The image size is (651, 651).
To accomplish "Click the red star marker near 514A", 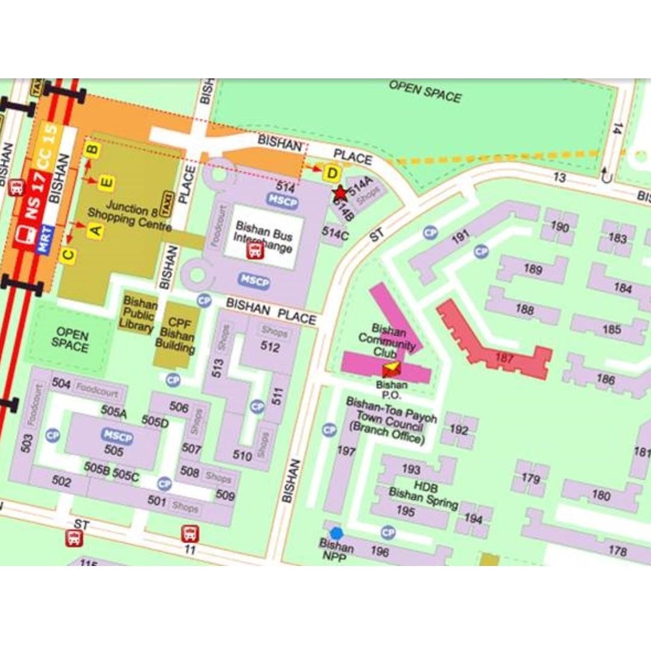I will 340,193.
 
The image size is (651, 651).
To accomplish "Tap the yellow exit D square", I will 331,174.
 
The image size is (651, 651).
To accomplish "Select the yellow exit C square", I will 69,256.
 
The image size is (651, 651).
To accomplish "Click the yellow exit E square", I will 107,182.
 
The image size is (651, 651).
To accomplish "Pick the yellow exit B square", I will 92,149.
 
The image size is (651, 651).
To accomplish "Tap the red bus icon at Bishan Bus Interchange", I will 256,250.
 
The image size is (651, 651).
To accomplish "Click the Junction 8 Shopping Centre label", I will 129,218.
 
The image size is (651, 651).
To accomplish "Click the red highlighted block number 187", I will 504,358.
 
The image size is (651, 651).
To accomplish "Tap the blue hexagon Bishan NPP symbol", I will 336,533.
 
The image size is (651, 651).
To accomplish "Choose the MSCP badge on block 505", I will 117,436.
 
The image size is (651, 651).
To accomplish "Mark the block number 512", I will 270,347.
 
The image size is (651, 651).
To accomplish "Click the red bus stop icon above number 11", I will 190,533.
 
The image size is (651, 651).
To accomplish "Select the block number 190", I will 559,227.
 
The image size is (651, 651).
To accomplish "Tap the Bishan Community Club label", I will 395,340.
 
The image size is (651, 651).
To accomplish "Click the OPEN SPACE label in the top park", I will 424,92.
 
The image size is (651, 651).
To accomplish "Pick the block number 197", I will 346,451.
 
